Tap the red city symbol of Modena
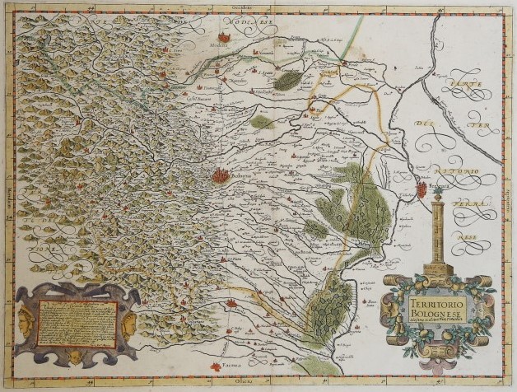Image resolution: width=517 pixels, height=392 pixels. [x=225, y=37]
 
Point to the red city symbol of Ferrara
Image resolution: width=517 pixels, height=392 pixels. [x=422, y=189]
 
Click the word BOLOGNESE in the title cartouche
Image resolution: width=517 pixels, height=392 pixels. [x=434, y=314]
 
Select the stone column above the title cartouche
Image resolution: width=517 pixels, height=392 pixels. [x=436, y=232]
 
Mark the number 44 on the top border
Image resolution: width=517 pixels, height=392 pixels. [x=92, y=7]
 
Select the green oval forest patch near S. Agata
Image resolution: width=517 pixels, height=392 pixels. [x=287, y=80]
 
